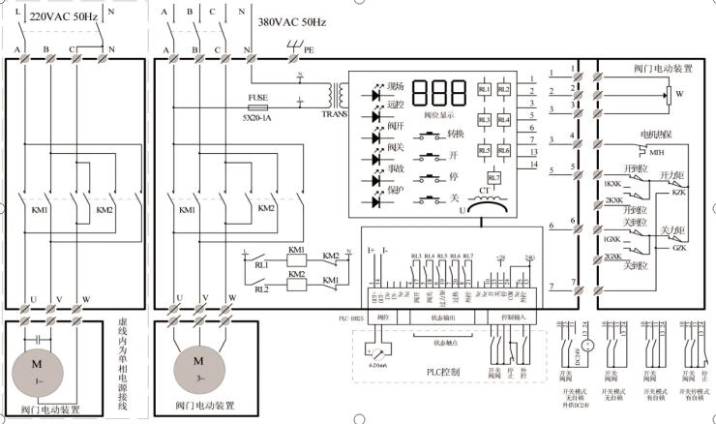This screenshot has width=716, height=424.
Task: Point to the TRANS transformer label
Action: click(334, 113)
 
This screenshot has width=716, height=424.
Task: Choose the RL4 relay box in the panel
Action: click(503, 120)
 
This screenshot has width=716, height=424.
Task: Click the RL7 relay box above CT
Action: click(493, 178)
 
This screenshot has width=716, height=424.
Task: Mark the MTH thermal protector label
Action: click(657, 153)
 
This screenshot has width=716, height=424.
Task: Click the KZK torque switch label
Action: click(678, 192)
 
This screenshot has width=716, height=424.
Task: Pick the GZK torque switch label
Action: click(678, 248)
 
